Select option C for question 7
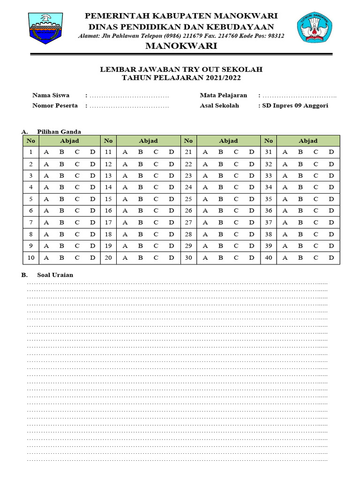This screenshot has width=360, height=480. click(77, 223)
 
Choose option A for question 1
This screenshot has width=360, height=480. click(46, 152)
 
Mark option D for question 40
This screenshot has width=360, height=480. click(331, 257)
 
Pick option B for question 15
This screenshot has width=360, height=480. click(140, 199)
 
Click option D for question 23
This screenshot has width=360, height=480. click(251, 176)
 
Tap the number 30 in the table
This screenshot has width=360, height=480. click(188, 257)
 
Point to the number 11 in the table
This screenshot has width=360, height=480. click(108, 152)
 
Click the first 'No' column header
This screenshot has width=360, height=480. click(31, 141)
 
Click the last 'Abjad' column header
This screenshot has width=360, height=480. click(308, 141)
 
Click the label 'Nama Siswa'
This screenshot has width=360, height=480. click(51, 96)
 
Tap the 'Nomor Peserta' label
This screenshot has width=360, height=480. click(55, 105)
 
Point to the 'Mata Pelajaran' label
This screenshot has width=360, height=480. click(223, 96)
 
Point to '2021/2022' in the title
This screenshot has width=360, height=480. click(225, 78)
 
